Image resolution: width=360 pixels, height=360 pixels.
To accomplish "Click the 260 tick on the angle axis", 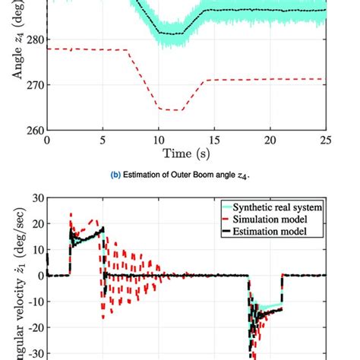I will click(33, 130).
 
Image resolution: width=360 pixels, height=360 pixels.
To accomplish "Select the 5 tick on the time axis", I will click(103, 141).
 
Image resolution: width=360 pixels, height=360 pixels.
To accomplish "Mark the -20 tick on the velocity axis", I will click(32, 327).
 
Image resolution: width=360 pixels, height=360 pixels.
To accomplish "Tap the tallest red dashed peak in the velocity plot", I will click(71, 215).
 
